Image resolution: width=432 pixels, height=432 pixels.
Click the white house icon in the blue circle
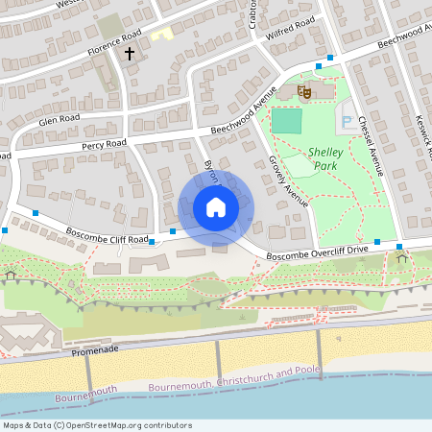click(x=215, y=207)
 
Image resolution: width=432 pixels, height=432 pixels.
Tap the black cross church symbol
click(x=130, y=54)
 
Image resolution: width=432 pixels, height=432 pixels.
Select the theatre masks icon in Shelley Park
click(x=304, y=91)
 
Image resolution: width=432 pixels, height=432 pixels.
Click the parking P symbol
click(x=347, y=122)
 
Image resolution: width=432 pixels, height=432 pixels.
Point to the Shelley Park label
click(x=328, y=158)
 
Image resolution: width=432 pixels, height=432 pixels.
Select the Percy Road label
click(x=105, y=144)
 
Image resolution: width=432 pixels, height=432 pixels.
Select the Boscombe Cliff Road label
click(x=108, y=234)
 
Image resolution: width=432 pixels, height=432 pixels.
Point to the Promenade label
click(x=93, y=352)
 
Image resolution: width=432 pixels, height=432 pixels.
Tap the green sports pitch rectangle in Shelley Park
click(x=286, y=121)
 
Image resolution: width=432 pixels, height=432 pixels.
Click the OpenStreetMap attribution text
click(x=97, y=425)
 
